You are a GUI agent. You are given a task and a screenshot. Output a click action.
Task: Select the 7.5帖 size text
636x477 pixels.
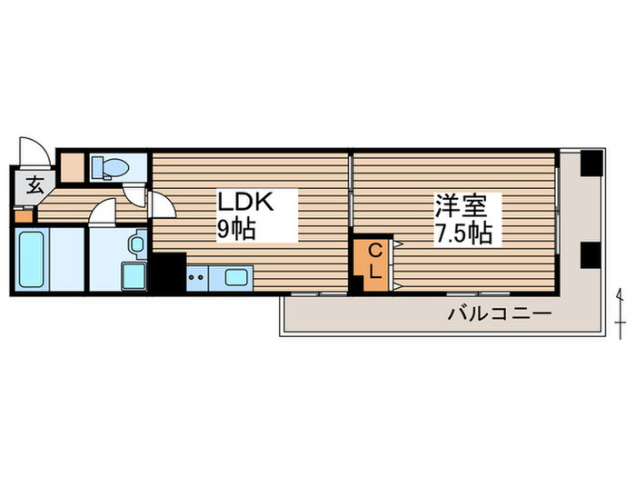click(x=462, y=233)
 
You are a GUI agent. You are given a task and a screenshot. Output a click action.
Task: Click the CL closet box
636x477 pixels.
click(x=374, y=262)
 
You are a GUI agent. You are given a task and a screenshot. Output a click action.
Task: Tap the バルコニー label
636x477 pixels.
click(x=499, y=314)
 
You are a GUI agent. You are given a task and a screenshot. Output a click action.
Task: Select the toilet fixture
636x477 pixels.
click(x=112, y=167)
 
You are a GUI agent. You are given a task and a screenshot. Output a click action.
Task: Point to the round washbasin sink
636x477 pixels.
click(x=136, y=244)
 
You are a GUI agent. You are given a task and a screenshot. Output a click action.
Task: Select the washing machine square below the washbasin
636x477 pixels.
click(x=133, y=276)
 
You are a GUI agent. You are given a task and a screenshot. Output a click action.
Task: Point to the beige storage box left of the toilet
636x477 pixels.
click(x=72, y=166)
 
